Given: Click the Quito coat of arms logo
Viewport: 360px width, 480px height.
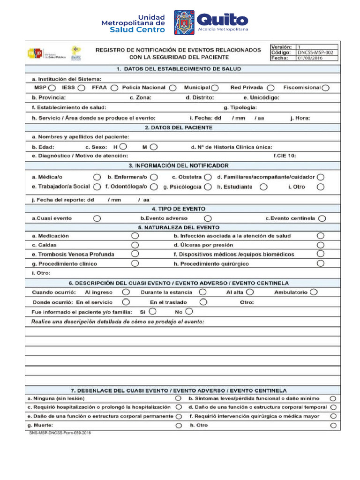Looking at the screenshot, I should pos(184,22).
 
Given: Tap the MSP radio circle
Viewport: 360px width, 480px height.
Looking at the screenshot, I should pos(52,88).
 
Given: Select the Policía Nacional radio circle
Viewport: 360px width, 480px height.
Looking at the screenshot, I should pos(173,88).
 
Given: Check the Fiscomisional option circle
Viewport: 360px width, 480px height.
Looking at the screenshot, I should pos(326,88).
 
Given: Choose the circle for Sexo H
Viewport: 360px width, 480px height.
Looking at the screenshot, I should pos(123,147).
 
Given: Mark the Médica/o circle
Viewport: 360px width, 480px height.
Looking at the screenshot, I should pos(97,177).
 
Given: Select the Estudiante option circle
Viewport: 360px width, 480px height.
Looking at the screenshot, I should pos(264,187).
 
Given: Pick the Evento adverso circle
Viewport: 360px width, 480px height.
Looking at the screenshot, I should pos(208,218).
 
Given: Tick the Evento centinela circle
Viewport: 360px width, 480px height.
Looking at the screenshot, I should pos(322,218).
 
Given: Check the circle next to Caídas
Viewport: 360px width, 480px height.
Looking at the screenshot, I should pos(135,245).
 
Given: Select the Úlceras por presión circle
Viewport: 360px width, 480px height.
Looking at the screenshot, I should pos(321,245).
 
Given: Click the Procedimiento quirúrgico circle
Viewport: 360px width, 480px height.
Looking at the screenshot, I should pos(321,263).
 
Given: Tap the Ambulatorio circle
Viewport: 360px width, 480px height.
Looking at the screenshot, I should pos(314,292).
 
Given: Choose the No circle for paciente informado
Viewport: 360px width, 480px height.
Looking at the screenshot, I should pos(189,311).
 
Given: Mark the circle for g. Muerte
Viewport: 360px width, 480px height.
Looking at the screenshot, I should pos(178,426).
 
